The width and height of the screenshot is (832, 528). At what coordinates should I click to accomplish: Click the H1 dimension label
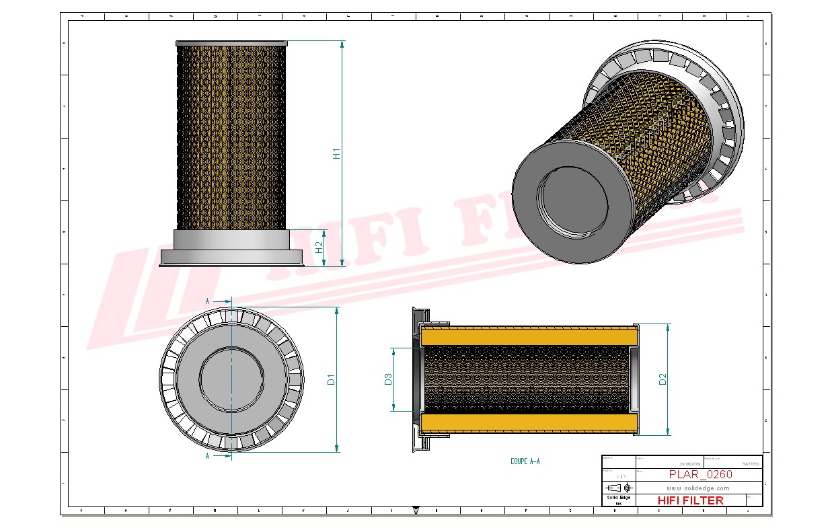click(x=337, y=153)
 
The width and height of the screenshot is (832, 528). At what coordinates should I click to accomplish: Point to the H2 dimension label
click(x=319, y=248)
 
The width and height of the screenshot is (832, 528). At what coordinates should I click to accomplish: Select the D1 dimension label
click(x=331, y=380)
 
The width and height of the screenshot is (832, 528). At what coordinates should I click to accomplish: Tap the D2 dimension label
click(x=663, y=379)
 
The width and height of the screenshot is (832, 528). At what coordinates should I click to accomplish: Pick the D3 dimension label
click(x=388, y=379)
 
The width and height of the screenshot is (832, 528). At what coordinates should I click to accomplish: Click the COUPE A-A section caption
click(x=525, y=461)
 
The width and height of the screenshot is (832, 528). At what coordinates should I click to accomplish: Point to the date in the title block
click(x=690, y=463)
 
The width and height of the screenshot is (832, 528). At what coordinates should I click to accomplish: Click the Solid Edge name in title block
click(x=618, y=498)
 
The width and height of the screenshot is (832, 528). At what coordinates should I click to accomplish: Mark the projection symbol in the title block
click(x=618, y=487)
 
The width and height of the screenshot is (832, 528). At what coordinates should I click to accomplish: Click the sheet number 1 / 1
click(x=618, y=475)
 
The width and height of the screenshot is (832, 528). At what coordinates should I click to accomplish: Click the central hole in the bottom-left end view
click(x=231, y=380)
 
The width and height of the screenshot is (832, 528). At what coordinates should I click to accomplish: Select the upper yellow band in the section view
click(x=528, y=336)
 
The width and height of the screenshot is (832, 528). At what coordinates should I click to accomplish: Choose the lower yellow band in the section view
click(x=528, y=423)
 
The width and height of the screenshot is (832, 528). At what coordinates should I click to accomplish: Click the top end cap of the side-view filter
click(x=231, y=43)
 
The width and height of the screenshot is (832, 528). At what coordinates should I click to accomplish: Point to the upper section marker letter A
click(x=207, y=301)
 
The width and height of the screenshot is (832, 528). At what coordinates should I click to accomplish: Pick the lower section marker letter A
click(x=207, y=456)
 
